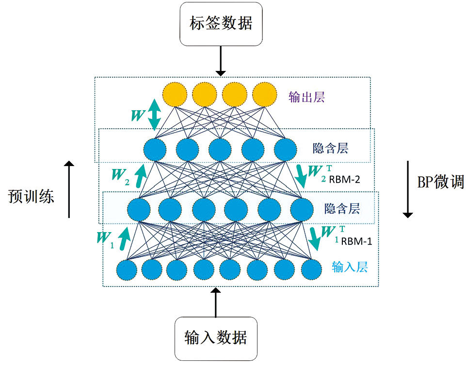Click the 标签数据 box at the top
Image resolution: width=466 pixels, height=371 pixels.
coord(221,23)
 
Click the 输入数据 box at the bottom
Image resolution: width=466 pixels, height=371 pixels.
coord(216,338)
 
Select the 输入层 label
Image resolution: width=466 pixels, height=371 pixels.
coord(350,266)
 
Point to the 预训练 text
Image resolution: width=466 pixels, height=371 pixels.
coord(31,196)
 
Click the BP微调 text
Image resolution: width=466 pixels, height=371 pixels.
coord(440,182)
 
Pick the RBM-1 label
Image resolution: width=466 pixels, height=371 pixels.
coord(357,241)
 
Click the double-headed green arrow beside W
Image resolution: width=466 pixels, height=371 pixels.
coord(154,115)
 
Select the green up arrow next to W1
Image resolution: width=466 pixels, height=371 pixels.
coord(125,237)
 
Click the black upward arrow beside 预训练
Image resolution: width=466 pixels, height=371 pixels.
coord(69,189)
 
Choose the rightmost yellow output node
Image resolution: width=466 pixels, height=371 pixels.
coord(264,94)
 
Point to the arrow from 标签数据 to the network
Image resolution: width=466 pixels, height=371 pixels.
coord(221,61)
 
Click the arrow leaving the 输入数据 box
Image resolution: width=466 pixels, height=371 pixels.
coord(216,302)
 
